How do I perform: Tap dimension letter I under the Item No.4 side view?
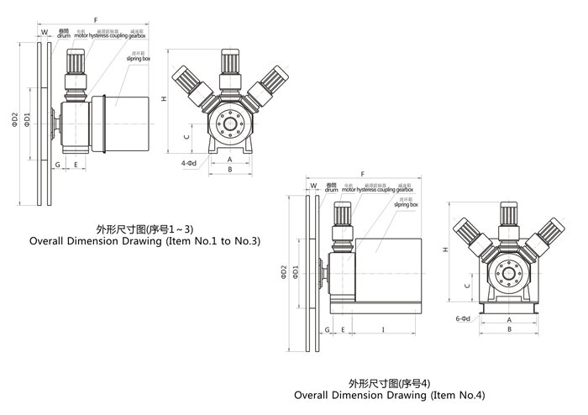pos(383,329)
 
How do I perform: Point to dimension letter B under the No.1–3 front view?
pos(229,170)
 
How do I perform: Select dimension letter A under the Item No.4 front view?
pos(508,320)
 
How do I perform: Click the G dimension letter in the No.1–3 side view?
pos(57,165)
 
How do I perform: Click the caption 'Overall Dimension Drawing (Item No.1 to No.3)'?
pos(145,240)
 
